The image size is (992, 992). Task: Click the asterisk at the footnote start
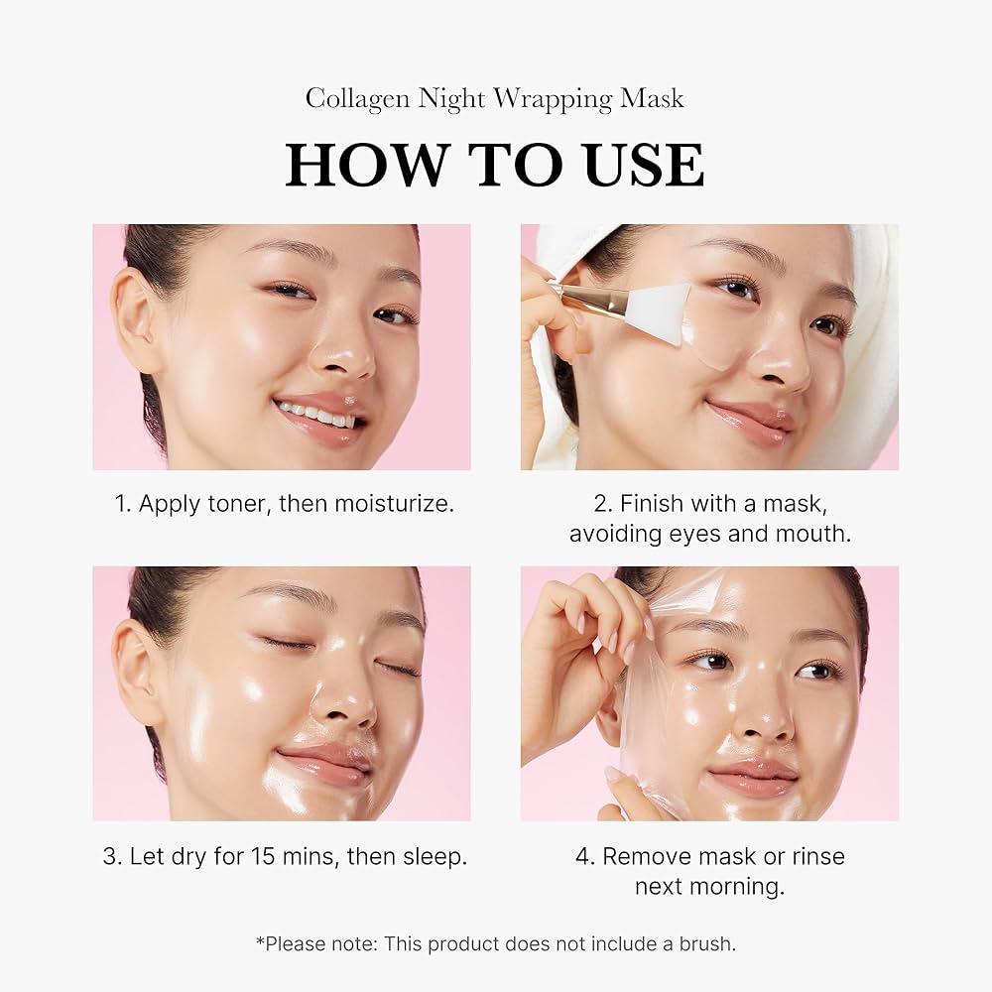[260, 940]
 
